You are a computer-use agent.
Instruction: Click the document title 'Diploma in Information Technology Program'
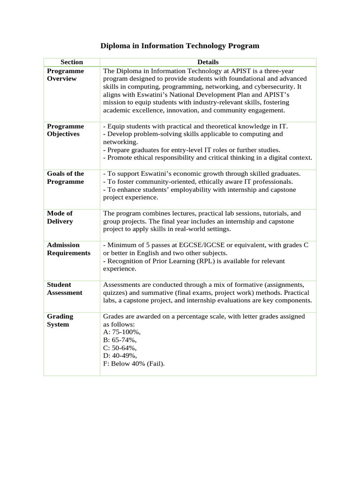(x=180, y=46)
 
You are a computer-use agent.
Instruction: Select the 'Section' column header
(x=72, y=62)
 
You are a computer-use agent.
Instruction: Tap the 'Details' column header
(x=208, y=62)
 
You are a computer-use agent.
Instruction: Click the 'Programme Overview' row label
(x=66, y=75)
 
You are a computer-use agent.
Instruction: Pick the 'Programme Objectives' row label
(x=66, y=130)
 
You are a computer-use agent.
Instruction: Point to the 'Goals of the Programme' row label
(x=66, y=178)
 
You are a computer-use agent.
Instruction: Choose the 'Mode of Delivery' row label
(x=60, y=217)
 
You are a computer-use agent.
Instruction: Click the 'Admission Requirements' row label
(x=68, y=249)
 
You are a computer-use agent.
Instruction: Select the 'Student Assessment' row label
(x=65, y=289)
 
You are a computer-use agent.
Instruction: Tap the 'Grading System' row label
(x=60, y=321)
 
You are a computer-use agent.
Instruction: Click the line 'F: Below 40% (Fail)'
(x=134, y=364)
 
